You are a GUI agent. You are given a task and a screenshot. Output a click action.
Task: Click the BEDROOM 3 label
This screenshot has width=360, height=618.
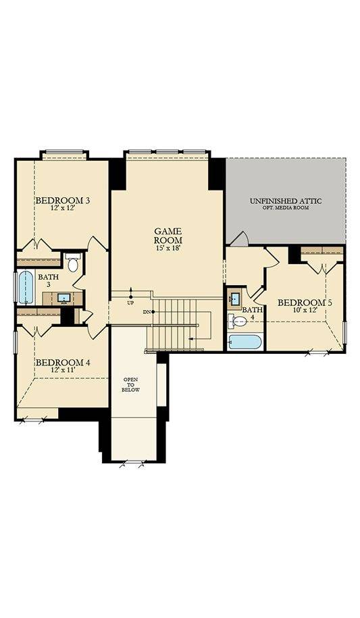pyautogui.click(x=63, y=200)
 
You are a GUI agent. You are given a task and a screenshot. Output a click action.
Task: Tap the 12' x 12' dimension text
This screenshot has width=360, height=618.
pyautogui.click(x=63, y=209)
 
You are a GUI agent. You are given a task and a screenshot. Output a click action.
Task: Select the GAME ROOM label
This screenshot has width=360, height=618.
pyautogui.click(x=168, y=235)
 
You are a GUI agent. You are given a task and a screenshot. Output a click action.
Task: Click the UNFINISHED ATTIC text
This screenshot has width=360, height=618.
pyautogui.click(x=286, y=201)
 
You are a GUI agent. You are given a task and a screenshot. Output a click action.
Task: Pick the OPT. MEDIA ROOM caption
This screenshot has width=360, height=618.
pyautogui.click(x=286, y=208)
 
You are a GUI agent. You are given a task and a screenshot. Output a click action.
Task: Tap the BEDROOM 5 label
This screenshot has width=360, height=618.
pyautogui.click(x=305, y=303)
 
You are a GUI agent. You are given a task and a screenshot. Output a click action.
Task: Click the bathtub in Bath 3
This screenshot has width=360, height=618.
pyautogui.click(x=26, y=288)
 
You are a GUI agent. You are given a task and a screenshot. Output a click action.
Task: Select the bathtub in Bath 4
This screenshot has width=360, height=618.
pyautogui.click(x=245, y=342)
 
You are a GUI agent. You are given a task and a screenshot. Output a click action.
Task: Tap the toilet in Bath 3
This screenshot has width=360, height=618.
pyautogui.click(x=73, y=263)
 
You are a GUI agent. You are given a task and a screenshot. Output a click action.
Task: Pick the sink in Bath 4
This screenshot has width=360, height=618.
pyautogui.click(x=234, y=298)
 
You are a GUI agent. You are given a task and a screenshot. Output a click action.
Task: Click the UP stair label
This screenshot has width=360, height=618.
pyautogui.click(x=130, y=303)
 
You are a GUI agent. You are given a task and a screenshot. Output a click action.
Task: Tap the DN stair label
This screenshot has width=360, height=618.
pyautogui.click(x=147, y=312)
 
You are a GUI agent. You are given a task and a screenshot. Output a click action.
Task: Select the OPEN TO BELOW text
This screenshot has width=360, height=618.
pyautogui.click(x=130, y=384)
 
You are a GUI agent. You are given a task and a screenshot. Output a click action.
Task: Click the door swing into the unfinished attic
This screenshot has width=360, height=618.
pyautogui.click(x=240, y=238)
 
